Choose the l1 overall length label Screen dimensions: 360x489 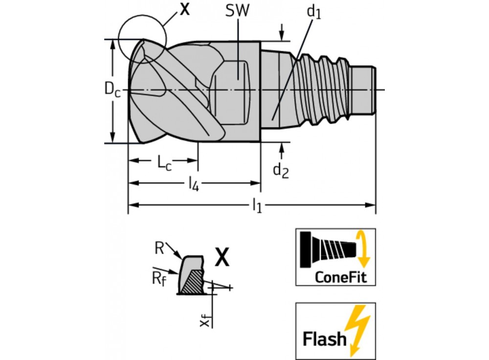[x=257, y=206]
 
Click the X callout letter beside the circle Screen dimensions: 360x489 [x=184, y=9]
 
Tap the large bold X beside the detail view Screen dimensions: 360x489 [x=222, y=257]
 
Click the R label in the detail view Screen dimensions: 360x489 [x=158, y=247]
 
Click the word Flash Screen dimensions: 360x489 [x=323, y=338]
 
